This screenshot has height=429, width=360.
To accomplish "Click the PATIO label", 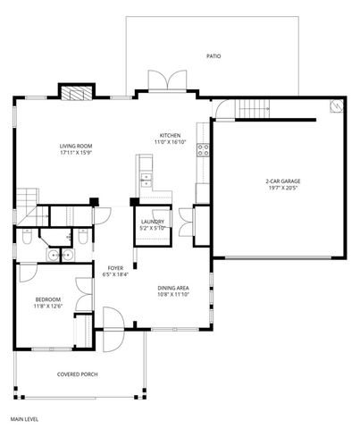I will (x=213, y=55).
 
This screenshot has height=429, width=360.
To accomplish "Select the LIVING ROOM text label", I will (x=76, y=147).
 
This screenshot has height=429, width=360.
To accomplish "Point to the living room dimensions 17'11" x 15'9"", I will (x=76, y=154).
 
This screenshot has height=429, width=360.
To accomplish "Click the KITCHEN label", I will (x=170, y=134).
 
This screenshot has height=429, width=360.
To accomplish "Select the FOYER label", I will (x=117, y=267).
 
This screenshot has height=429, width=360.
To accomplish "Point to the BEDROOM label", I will (x=47, y=299).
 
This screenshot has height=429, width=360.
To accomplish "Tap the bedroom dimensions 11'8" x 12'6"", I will (x=47, y=307).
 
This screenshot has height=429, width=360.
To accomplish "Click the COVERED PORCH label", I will (x=77, y=374).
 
